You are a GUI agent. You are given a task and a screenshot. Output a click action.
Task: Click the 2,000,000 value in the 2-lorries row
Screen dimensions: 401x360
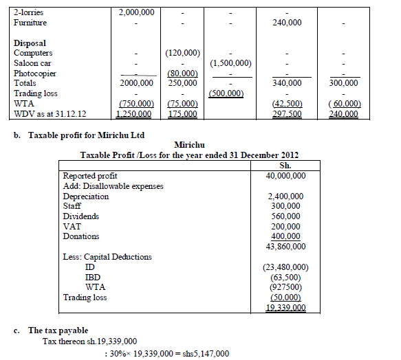point(136,13)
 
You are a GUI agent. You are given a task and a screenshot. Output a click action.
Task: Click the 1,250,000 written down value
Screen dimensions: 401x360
point(136,114)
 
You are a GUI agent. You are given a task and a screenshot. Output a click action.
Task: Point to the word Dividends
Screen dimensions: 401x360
point(81,216)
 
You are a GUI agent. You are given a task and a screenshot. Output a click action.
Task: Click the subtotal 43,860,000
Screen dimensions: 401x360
point(287,246)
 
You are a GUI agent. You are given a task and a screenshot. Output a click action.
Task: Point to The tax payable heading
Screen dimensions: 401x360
point(61,330)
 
